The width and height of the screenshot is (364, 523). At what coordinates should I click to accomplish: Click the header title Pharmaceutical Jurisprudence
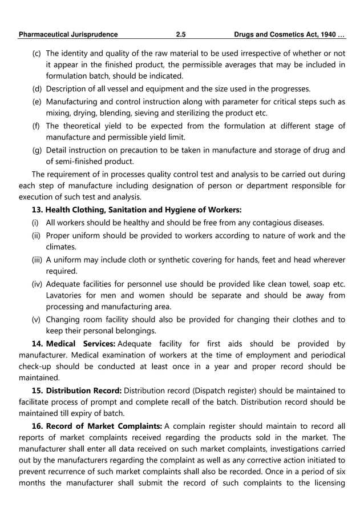pyautogui.click(x=68, y=34)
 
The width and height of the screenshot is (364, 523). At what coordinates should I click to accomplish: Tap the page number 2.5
pyautogui.click(x=181, y=34)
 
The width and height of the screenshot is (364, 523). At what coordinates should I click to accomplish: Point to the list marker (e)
pyautogui.click(x=36, y=102)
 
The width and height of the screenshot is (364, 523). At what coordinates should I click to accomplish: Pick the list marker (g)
pyautogui.click(x=36, y=150)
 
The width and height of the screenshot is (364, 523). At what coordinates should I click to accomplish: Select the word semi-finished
pyautogui.click(x=76, y=161)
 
